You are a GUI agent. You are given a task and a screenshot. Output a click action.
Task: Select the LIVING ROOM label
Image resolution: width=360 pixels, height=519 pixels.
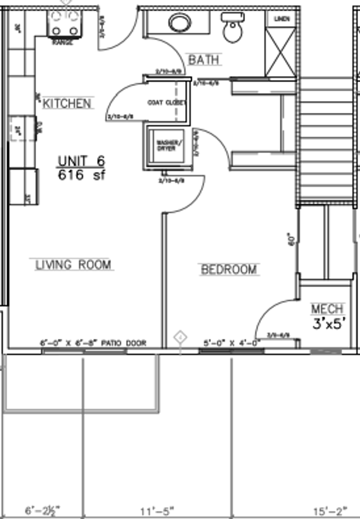tap(74, 264)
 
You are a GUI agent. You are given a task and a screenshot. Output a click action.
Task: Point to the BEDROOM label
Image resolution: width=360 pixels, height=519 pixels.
tap(229, 270)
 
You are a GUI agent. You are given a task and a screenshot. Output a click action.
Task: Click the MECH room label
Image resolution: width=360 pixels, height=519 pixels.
tap(327, 309)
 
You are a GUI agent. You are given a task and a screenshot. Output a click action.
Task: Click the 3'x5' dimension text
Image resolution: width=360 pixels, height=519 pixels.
tap(329, 324)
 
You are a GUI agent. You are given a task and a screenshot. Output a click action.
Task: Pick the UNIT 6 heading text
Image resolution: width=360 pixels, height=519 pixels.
tap(81, 161)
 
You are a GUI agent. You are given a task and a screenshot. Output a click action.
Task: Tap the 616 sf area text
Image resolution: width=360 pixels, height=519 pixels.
tap(81, 175)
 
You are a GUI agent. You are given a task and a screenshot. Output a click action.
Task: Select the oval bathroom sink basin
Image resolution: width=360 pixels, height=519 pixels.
tap(180, 23)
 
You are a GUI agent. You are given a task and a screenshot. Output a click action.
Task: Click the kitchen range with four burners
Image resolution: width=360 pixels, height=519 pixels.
tap(65, 24)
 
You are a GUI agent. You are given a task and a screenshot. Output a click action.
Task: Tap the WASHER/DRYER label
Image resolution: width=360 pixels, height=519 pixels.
tap(166, 145)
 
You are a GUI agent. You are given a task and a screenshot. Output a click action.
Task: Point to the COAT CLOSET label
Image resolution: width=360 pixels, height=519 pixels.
tap(166, 103)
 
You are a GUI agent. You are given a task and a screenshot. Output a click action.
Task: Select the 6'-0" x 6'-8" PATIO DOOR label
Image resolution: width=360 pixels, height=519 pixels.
tap(93, 343)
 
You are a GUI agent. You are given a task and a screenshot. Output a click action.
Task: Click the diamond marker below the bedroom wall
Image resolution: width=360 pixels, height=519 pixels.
tap(180, 336)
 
